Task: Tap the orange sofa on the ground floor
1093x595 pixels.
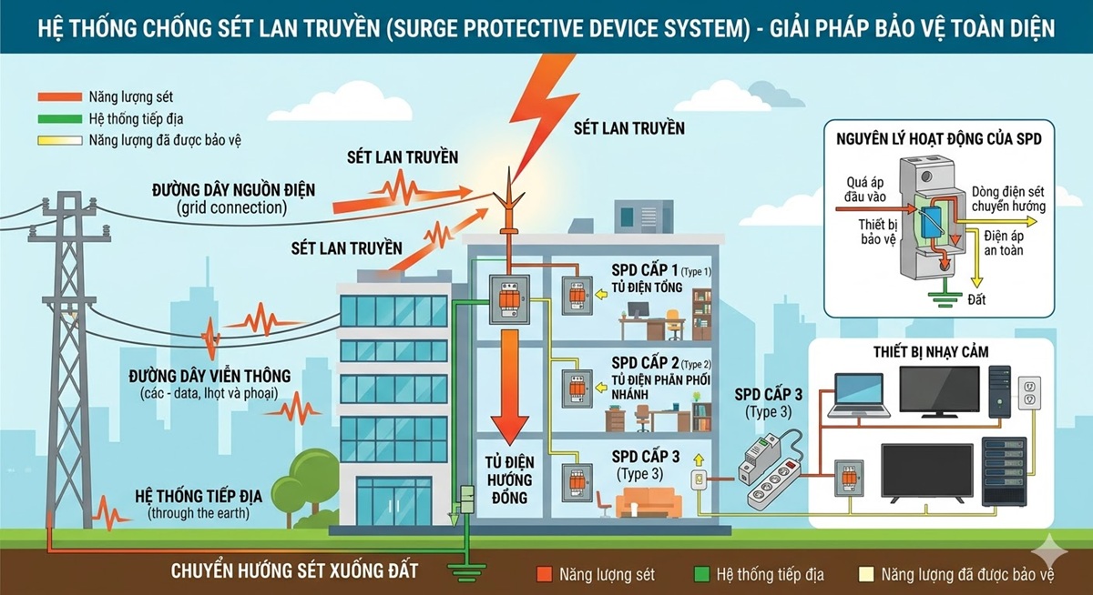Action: [x=646, y=502]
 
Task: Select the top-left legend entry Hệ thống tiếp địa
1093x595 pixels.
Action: [x=122, y=118]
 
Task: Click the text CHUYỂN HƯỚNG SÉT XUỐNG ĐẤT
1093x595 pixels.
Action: [x=295, y=572]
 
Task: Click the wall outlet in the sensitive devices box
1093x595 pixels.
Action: [x=1027, y=393]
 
